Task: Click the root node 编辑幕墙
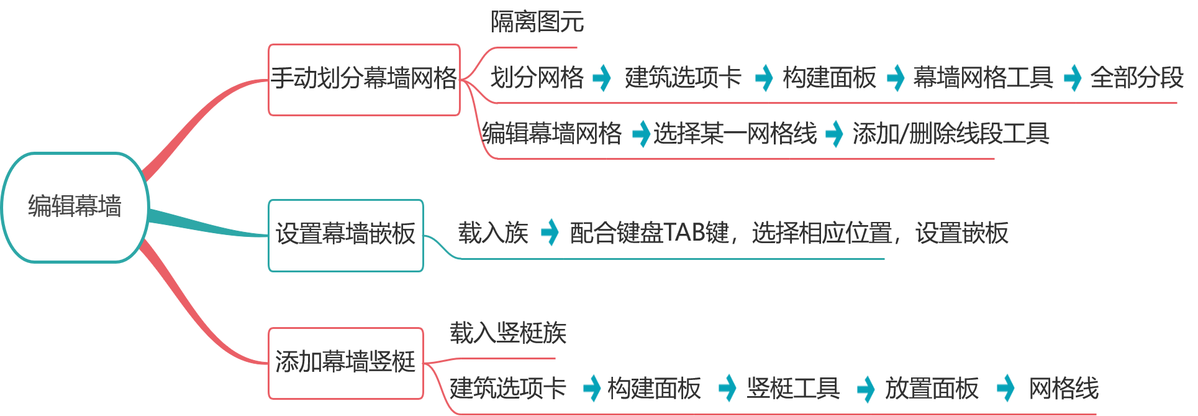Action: [x=75, y=207]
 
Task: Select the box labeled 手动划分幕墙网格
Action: [x=364, y=80]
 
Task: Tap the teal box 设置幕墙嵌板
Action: [x=346, y=235]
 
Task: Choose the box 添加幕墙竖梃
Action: [x=346, y=363]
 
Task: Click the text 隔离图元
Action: [x=537, y=22]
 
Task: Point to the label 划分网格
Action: [x=537, y=78]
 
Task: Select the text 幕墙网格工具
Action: [x=982, y=78]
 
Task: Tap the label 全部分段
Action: [x=1137, y=78]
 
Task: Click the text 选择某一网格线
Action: [x=735, y=133]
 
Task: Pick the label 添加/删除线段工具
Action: [x=951, y=133]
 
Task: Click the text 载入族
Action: [x=493, y=233]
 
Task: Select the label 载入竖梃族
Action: [x=508, y=333]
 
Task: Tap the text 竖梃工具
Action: [x=793, y=388]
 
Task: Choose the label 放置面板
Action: [x=932, y=388]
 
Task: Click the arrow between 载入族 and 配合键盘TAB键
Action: [x=549, y=233]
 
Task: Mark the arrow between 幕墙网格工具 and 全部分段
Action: [x=1072, y=78]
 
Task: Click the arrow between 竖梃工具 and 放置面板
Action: [x=865, y=389]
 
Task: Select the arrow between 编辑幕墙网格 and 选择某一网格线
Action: [x=640, y=134]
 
